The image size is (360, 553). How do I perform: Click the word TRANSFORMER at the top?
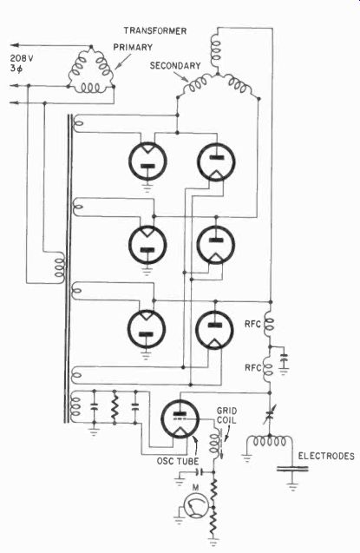coord(155,31)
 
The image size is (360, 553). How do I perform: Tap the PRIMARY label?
coord(133,47)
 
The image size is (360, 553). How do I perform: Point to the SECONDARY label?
coord(175,66)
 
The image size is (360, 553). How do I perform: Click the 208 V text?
coord(22,58)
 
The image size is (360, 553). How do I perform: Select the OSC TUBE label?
coord(178,461)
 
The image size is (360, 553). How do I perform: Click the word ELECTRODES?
coord(326,456)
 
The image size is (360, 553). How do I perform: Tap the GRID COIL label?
coord(226,416)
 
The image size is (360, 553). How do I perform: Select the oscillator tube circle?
coord(180,419)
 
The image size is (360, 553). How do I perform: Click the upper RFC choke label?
coord(252,324)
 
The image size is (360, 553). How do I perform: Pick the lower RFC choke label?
coord(253,368)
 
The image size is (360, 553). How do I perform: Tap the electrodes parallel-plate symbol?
coord(292,469)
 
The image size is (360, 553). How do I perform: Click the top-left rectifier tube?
coord(147,161)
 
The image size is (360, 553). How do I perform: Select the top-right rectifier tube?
coord(216,161)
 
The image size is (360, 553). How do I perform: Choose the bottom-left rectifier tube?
coord(147,329)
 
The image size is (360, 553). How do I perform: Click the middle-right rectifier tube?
coord(215,245)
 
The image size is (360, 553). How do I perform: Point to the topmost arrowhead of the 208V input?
coord(14,45)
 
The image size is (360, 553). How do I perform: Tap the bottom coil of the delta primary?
coord(91,88)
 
